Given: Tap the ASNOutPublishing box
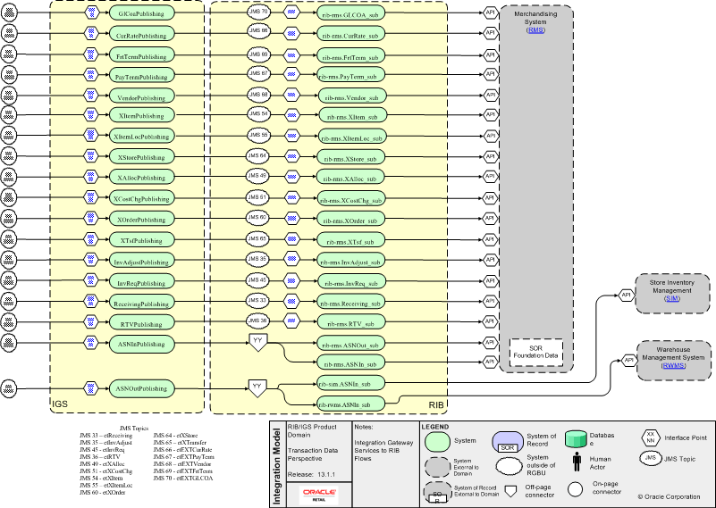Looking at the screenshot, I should point(141,389).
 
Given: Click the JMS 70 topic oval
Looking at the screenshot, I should point(258,12).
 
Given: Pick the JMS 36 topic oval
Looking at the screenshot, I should point(258,321).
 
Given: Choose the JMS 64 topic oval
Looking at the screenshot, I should point(258,155).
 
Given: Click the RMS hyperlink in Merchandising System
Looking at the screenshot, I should point(535,30).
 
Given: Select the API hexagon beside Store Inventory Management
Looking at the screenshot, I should point(627,294).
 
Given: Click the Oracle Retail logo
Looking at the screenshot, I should point(319,495).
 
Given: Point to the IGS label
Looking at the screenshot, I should point(60,404).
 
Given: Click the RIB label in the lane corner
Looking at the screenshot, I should point(436,404).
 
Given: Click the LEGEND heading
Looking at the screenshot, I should point(434,427).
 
